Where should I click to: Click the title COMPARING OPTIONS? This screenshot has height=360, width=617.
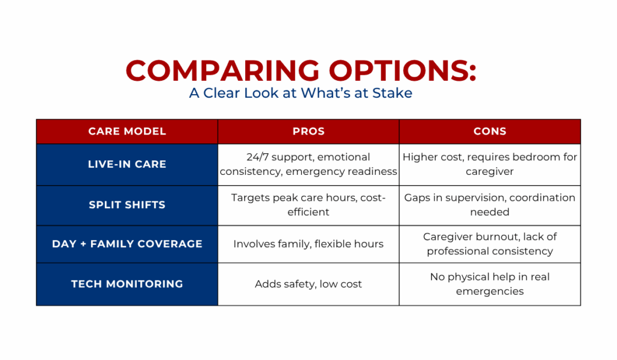click(301, 71)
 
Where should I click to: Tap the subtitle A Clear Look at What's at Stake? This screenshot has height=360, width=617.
click(301, 93)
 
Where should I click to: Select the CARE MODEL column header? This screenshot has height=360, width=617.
click(127, 131)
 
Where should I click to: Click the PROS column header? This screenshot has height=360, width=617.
click(308, 131)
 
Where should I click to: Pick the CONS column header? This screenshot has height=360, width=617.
click(490, 131)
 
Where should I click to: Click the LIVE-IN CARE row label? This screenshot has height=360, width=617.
click(127, 164)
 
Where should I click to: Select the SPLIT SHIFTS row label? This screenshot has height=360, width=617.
click(127, 205)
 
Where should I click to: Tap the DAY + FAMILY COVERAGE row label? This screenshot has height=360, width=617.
click(127, 244)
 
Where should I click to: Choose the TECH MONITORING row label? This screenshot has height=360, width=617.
click(127, 283)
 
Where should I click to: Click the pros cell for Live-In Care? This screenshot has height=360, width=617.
click(308, 164)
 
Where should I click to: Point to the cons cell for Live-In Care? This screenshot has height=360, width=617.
click(490, 164)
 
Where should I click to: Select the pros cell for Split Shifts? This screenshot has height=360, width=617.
click(308, 205)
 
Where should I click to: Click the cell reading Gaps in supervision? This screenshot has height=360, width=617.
click(490, 205)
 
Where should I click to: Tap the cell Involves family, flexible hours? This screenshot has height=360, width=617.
click(308, 244)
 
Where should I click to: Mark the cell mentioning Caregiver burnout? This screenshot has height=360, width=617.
click(490, 244)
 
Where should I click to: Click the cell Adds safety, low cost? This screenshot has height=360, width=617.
click(308, 284)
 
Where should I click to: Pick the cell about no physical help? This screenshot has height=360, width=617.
click(490, 284)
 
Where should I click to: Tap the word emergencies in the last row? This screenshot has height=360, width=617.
click(490, 292)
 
